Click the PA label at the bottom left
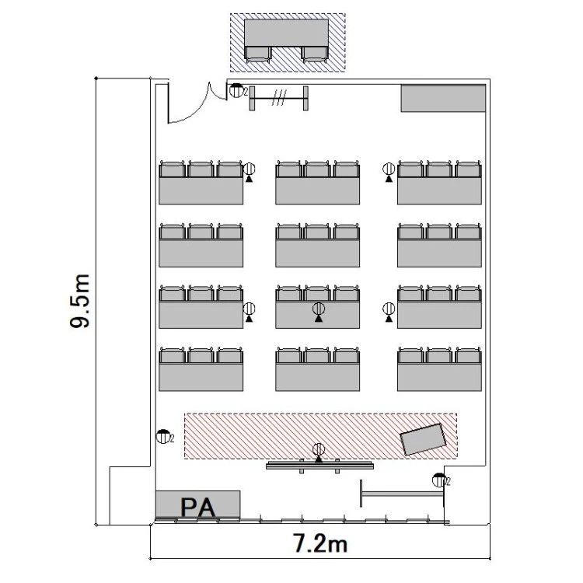pyautogui.click(x=197, y=507)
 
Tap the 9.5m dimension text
pyautogui.click(x=80, y=301)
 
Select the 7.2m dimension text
pyautogui.click(x=320, y=543)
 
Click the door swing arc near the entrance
pyautogui.click(x=194, y=108)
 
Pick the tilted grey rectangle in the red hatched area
pyautogui.click(x=423, y=439)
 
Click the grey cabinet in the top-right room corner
pyautogui.click(x=443, y=98)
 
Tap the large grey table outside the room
pyautogui.click(x=286, y=33)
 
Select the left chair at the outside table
pyautogui.click(x=258, y=54)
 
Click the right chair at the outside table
pyautogui.click(x=315, y=54)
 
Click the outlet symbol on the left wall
pyautogui.click(x=163, y=436)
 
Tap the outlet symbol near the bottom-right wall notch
pyautogui.click(x=439, y=480)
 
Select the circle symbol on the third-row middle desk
pyautogui.click(x=319, y=309)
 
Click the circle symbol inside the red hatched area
pyautogui.click(x=319, y=449)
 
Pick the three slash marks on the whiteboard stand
pyautogui.click(x=279, y=98)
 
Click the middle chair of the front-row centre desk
pyautogui.click(x=317, y=169)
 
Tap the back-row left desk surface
pyautogui.click(x=201, y=377)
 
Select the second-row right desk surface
pyautogui.click(x=439, y=253)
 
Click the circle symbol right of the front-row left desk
pyautogui.click(x=249, y=169)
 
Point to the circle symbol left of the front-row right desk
pyautogui.click(x=389, y=169)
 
